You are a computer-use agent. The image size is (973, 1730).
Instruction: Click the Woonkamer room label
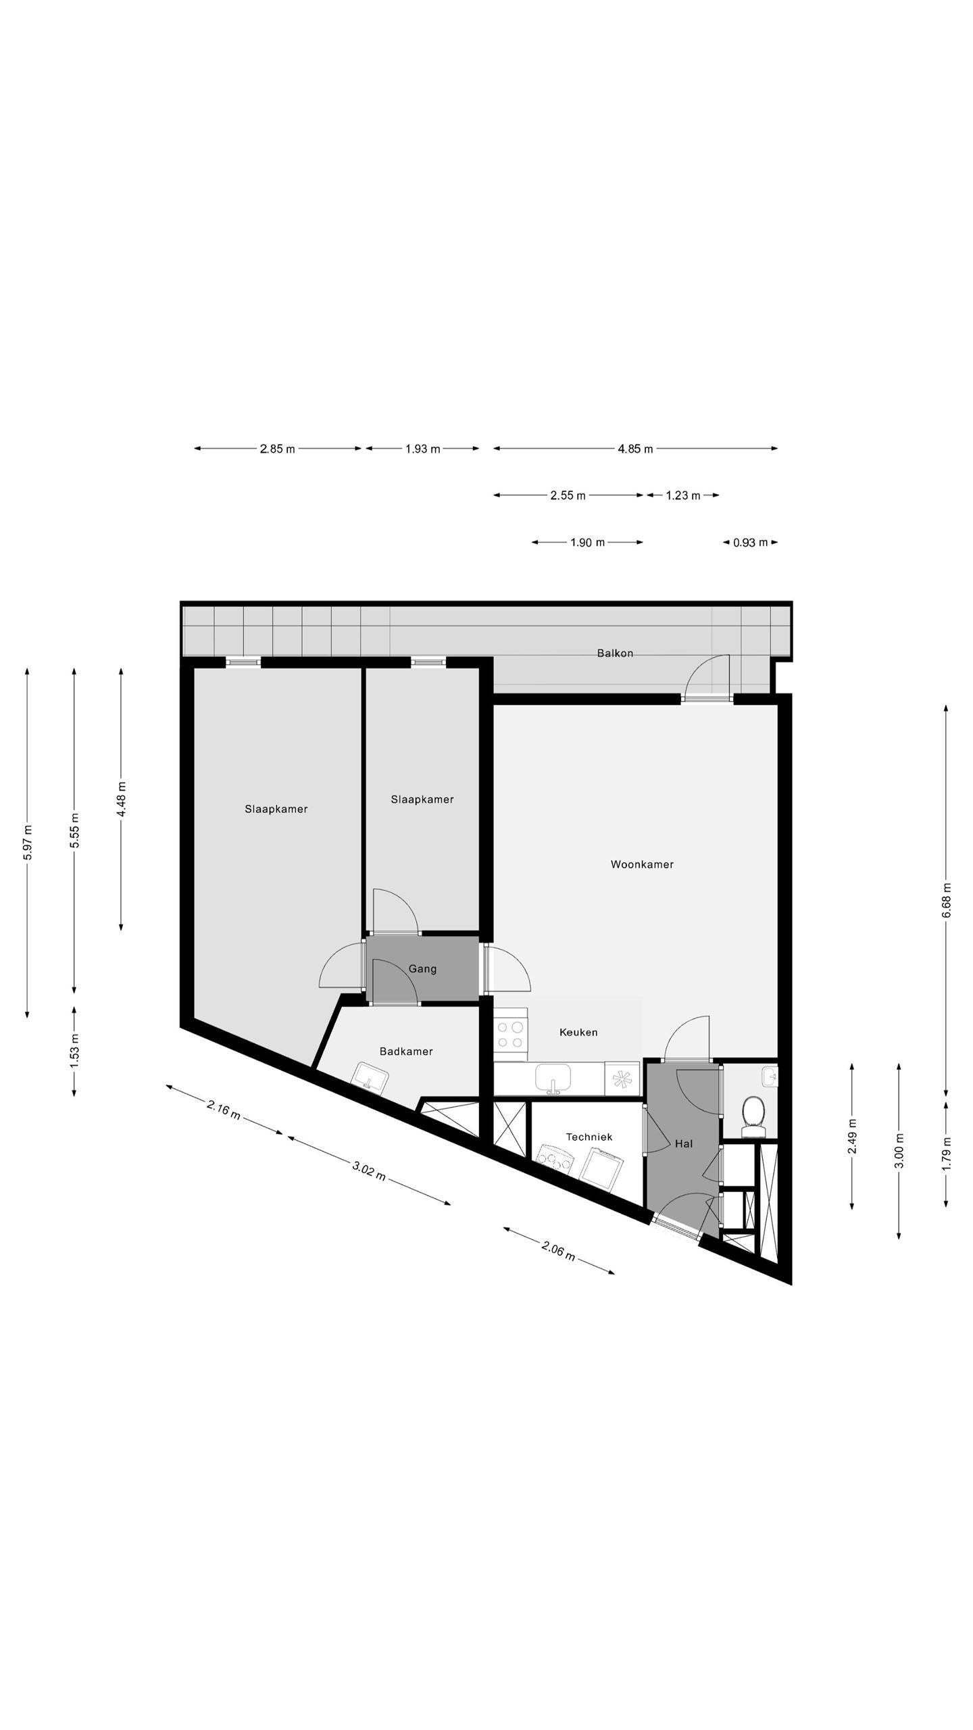641,864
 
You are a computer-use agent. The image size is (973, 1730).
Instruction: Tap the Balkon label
615,653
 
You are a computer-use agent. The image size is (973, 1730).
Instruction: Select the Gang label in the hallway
422,969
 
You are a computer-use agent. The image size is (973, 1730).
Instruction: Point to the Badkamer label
405,1052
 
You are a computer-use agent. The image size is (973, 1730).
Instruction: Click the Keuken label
578,1033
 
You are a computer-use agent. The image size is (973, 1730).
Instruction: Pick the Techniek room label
589,1137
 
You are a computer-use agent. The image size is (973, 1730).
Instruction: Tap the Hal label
684,1144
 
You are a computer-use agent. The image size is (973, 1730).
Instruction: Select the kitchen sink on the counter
553,1079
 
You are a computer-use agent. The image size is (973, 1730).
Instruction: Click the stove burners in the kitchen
510,1035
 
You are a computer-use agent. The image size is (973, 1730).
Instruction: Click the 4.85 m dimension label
635,449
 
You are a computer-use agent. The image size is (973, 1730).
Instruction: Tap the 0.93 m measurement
750,542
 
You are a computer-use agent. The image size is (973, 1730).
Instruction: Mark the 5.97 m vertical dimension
28,843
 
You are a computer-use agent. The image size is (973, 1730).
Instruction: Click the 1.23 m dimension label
682,495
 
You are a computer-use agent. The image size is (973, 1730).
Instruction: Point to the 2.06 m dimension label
558,1251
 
